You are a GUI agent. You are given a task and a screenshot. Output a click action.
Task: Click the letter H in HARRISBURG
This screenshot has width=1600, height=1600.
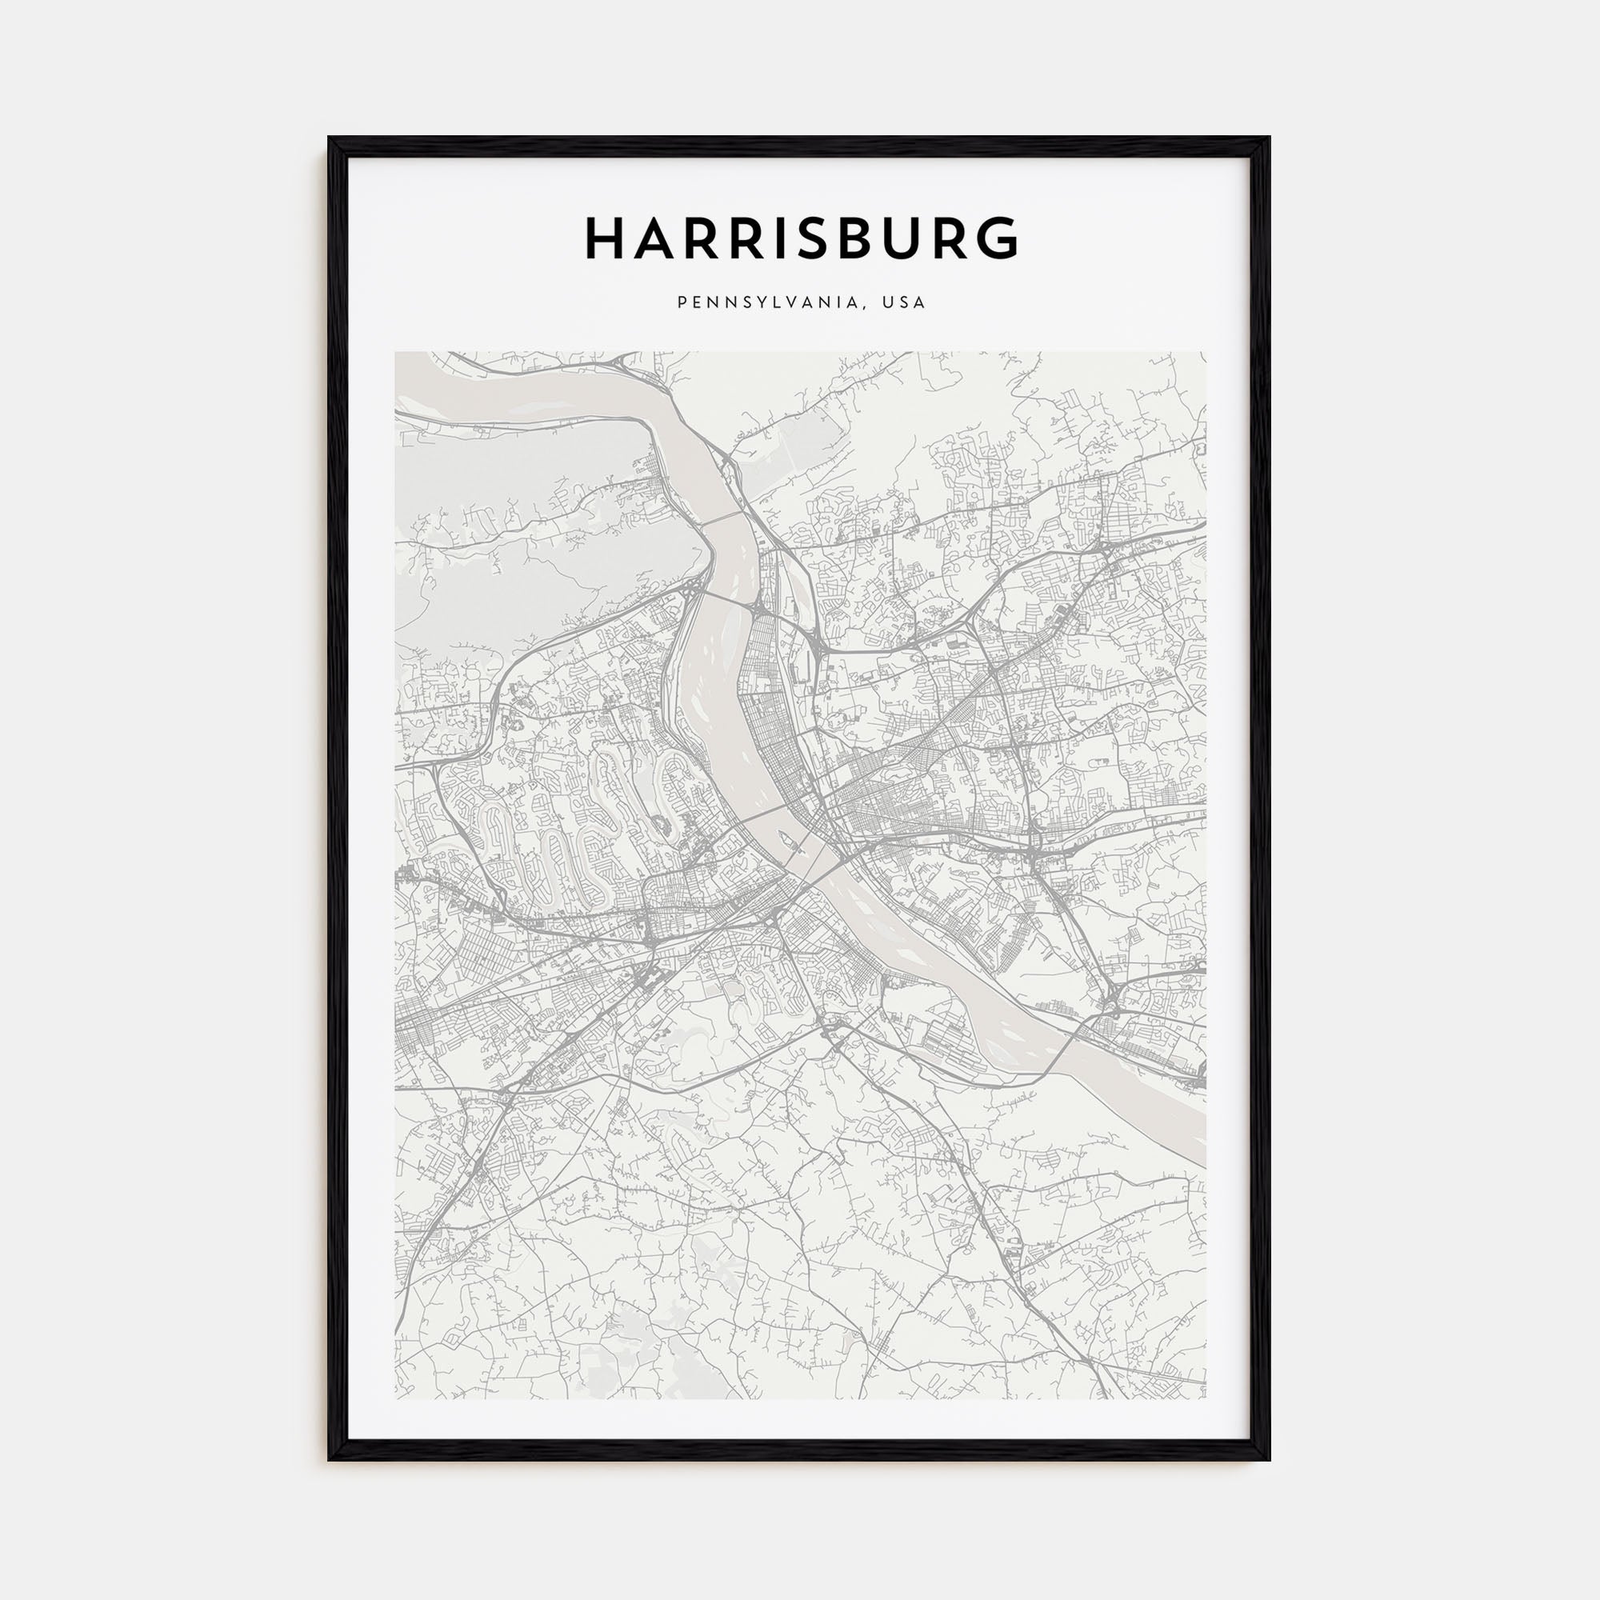606,238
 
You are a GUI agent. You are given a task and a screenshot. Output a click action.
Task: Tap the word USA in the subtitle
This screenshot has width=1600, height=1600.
904,303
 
